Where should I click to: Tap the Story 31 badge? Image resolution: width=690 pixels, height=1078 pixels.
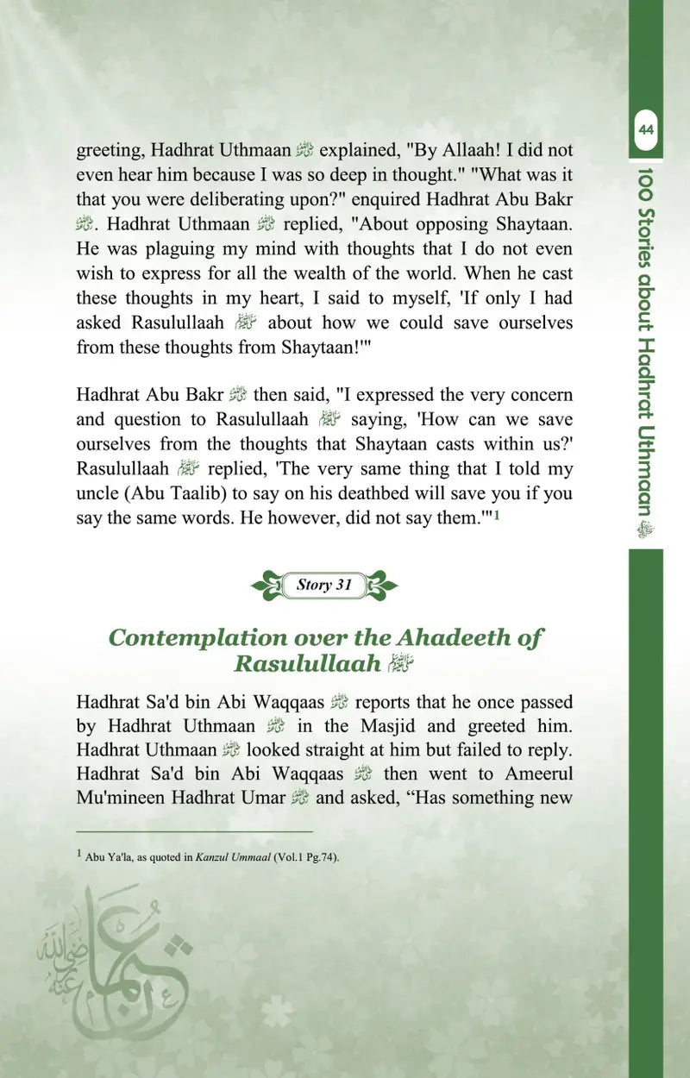[324, 585]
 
